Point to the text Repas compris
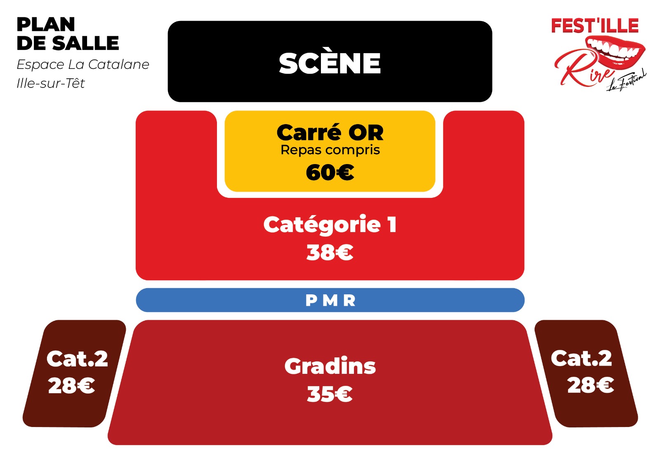[330, 150]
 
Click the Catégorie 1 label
[330, 224]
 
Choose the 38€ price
[330, 252]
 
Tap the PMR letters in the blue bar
[330, 300]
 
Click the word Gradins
[330, 366]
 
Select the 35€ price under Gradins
[330, 394]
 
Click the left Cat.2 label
[77, 359]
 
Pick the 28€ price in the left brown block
[72, 385]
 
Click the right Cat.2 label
[581, 359]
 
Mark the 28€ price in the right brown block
[591, 385]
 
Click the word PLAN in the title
[46, 24]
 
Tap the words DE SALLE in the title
[68, 43]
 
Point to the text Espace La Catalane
[83, 64]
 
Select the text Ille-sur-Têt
[51, 83]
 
